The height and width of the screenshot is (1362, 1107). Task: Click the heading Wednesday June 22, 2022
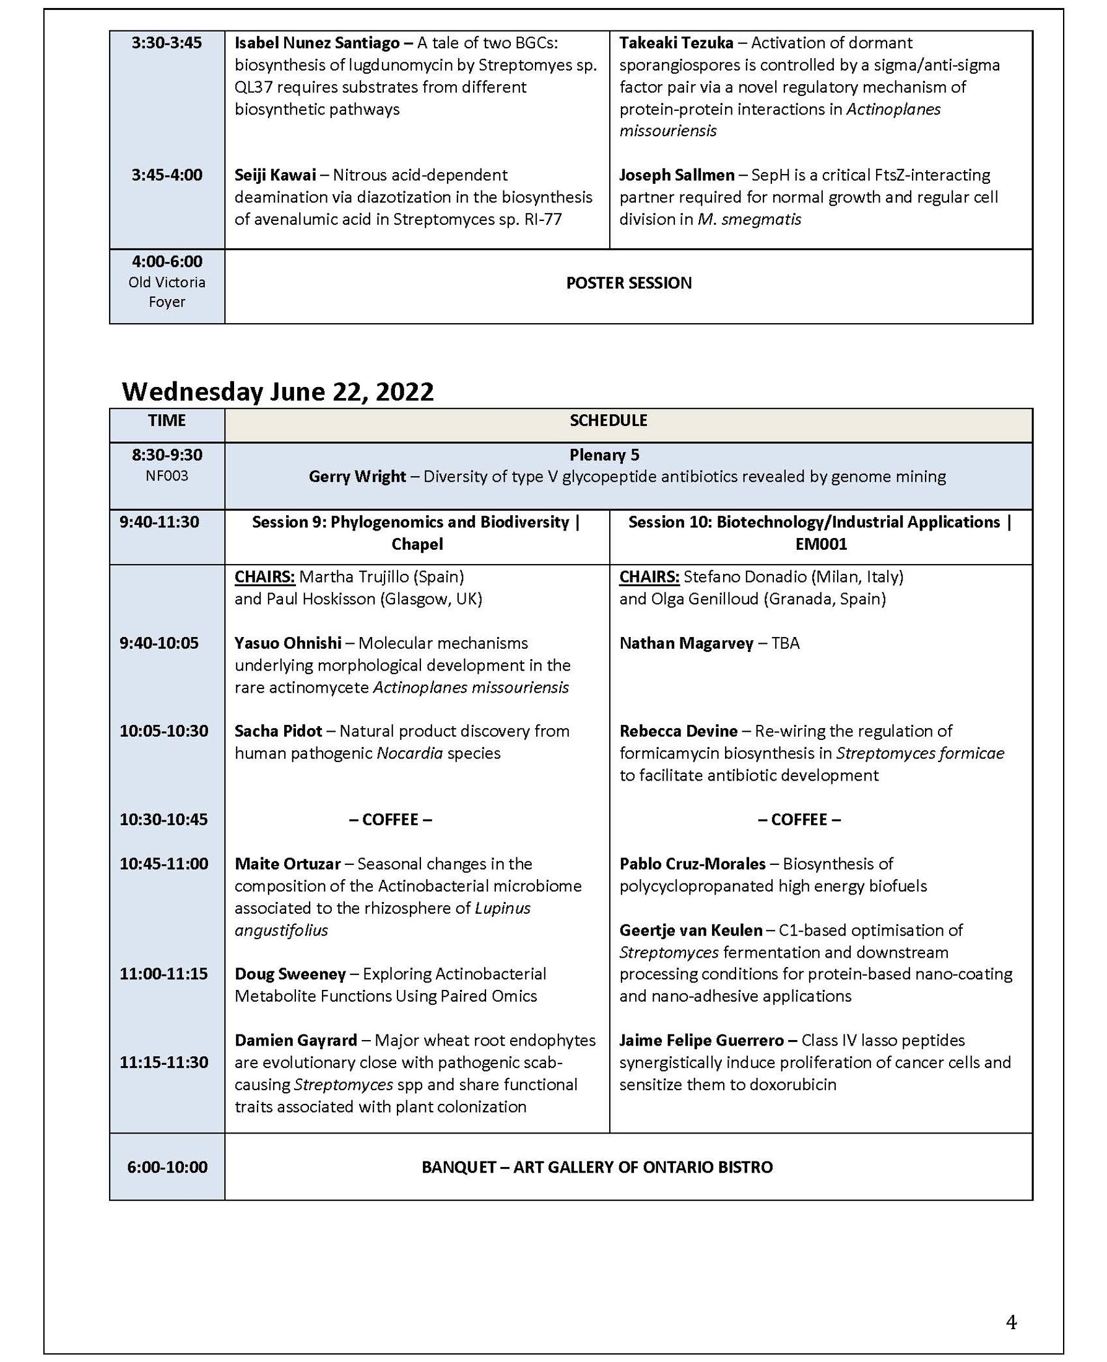click(277, 391)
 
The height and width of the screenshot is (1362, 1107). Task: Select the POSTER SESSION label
click(628, 283)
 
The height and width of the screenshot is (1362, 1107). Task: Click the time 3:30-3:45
click(167, 43)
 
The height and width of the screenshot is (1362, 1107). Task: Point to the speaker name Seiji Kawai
click(275, 175)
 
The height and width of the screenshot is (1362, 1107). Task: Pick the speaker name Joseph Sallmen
click(677, 175)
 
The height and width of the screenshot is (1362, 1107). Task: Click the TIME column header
click(167, 420)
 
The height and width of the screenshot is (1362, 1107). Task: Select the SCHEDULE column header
click(609, 420)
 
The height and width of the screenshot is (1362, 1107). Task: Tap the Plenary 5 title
click(604, 454)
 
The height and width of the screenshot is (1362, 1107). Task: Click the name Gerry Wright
click(357, 476)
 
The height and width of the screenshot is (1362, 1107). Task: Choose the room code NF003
click(167, 475)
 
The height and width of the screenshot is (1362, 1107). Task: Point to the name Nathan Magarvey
click(686, 643)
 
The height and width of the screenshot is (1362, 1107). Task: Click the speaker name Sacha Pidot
click(278, 731)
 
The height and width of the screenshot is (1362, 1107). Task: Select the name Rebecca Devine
click(678, 731)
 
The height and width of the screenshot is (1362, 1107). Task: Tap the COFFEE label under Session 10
click(799, 820)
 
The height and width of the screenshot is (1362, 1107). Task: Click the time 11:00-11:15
click(164, 974)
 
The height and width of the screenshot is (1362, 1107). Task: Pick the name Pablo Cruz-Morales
click(692, 864)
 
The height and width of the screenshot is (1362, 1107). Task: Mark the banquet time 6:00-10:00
click(167, 1167)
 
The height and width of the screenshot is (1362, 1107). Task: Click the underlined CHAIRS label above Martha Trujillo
click(264, 576)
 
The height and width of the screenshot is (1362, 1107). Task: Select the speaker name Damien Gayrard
click(295, 1040)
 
